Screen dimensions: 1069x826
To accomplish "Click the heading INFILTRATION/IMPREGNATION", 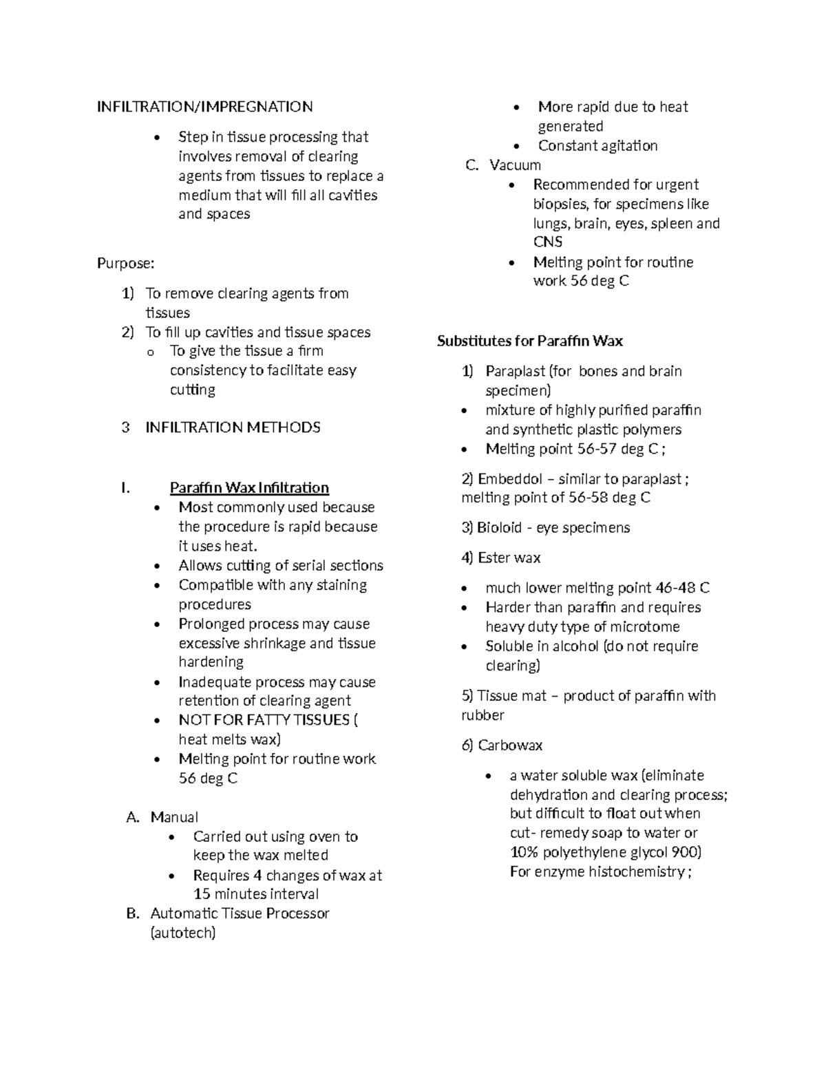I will [204, 107].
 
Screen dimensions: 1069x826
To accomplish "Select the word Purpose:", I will [126, 264].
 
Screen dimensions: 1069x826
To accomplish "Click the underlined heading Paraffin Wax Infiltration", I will [249, 488].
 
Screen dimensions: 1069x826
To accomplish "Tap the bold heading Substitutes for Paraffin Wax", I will [529, 341].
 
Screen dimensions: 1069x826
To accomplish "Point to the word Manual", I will [174, 817].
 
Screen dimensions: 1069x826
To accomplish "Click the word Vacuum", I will [515, 165].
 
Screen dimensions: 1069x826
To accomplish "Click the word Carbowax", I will [510, 745].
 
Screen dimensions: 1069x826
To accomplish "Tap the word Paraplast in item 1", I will [515, 372].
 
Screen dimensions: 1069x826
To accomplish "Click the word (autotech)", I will [182, 933].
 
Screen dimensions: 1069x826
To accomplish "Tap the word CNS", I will [548, 242].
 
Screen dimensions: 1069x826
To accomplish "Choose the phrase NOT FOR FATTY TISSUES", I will [264, 720].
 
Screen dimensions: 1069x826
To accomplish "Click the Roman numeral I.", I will [125, 489].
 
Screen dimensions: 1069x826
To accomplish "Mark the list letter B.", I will [133, 914].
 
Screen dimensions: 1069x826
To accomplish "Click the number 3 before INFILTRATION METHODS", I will [125, 428].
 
